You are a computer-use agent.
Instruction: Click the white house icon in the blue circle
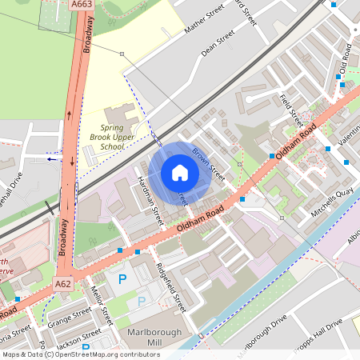click(180, 173)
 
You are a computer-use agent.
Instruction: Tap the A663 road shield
click(80, 4)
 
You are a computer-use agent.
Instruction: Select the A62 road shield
click(64, 283)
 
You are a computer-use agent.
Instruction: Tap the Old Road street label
click(346, 58)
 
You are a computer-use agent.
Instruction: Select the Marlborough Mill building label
click(154, 338)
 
